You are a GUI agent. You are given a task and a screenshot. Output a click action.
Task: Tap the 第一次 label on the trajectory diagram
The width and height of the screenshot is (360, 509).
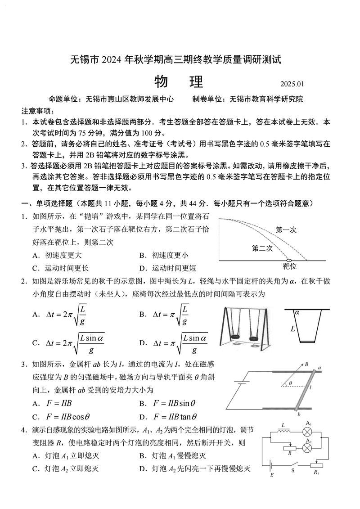pos(286,230)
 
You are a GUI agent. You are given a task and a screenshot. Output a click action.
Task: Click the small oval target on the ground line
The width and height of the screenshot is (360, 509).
pos(289,260)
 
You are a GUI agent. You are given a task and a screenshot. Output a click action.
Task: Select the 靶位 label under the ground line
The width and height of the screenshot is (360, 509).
pos(290,266)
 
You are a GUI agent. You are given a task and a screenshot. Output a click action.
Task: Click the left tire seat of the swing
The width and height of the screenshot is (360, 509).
pos(235,336)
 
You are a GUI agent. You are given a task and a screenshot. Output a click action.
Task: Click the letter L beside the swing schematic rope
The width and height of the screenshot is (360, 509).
pos(293,329)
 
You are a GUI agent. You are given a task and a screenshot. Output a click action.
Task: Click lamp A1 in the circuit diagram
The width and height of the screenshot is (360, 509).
pos(308,432)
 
